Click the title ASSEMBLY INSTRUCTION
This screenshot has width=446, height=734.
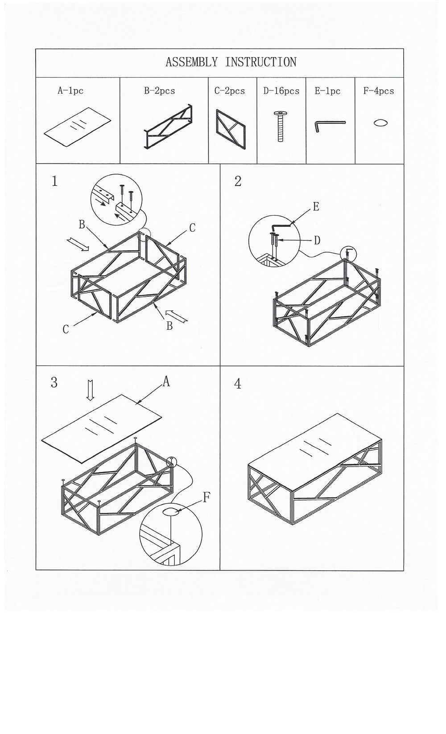click(231, 62)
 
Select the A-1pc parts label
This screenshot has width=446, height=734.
click(70, 90)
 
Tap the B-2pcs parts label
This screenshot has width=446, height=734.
click(160, 90)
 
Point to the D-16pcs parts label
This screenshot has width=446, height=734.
click(281, 91)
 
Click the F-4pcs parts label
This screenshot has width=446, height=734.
click(379, 91)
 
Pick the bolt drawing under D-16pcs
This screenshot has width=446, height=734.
click(281, 126)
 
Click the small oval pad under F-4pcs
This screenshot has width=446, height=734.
click(381, 123)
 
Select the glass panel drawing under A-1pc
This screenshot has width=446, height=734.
click(78, 127)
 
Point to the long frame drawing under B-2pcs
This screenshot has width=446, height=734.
click(168, 127)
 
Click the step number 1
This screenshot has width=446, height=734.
click(54, 181)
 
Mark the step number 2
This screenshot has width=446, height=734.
click(238, 181)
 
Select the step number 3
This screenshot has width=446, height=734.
click(54, 382)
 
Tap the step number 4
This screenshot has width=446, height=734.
click(238, 383)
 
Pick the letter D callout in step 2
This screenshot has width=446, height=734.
click(317, 241)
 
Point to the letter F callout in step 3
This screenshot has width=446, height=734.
click(206, 497)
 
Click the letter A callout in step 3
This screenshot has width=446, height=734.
click(166, 381)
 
